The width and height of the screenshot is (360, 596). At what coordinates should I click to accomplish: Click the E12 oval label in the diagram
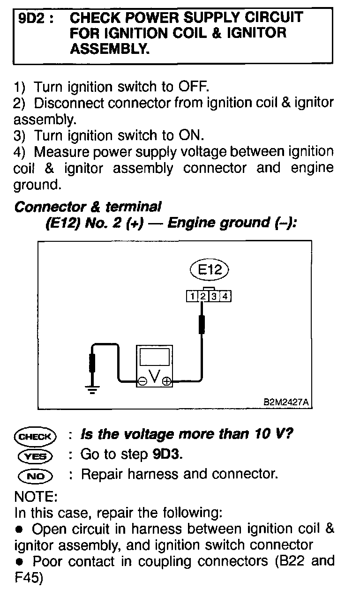(x=209, y=270)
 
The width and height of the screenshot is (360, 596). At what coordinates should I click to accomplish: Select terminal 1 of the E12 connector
(x=192, y=296)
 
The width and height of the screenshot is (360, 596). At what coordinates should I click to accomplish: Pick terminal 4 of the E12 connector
(x=225, y=296)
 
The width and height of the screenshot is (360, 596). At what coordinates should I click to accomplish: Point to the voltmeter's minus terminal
(x=142, y=382)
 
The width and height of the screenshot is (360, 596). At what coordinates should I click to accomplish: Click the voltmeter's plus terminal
(x=166, y=382)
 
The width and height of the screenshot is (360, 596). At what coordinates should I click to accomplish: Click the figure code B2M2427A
(x=285, y=402)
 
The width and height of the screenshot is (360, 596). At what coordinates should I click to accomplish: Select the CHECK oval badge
(x=35, y=436)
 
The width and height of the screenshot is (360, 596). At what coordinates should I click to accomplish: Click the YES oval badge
(x=35, y=455)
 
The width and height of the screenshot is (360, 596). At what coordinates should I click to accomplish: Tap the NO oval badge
(x=35, y=476)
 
